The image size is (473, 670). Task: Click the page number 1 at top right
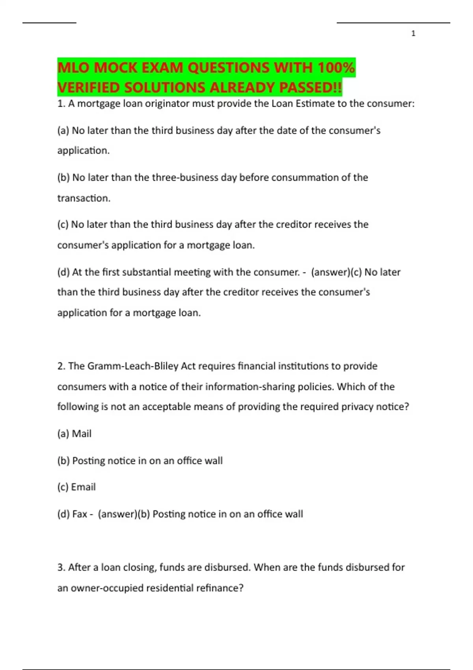coord(413,33)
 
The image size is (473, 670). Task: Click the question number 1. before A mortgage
coord(61,104)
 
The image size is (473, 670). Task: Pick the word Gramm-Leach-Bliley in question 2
coord(133,366)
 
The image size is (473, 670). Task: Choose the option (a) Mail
coord(74,434)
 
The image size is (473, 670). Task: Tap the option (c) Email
coord(76,487)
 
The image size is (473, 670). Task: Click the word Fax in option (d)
coord(80,514)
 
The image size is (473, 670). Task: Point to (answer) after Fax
coord(117,514)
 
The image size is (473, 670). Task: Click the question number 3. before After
coord(61,568)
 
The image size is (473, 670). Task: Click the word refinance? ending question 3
coord(220,588)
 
